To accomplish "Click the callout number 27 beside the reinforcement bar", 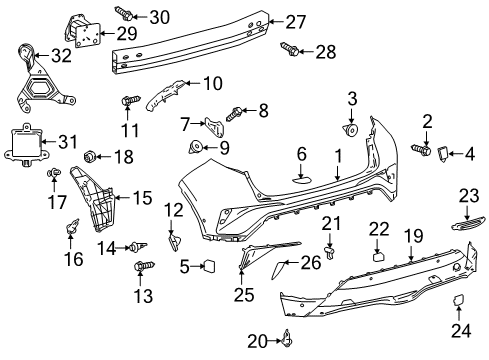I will (294, 22).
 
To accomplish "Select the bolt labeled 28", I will (290, 50).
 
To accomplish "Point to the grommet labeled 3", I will (353, 130).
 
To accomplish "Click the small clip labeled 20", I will (285, 342).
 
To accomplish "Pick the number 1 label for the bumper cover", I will (338, 156).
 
